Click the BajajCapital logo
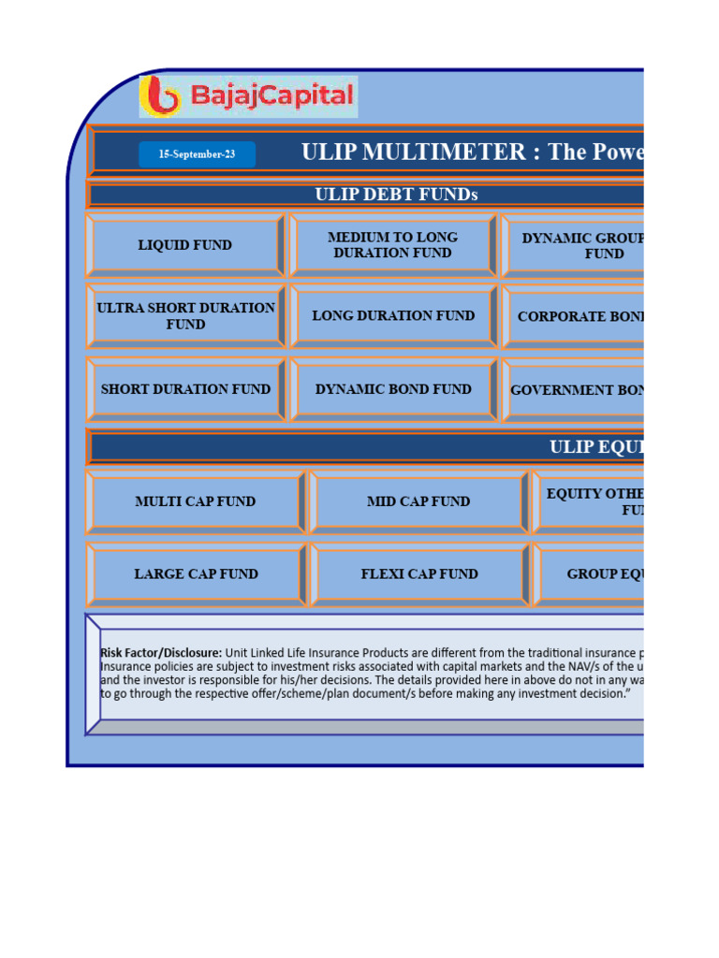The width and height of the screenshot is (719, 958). [248, 96]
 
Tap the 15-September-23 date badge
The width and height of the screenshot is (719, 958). [197, 154]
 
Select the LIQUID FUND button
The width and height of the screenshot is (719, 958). [185, 245]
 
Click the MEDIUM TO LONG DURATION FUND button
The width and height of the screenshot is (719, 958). [392, 245]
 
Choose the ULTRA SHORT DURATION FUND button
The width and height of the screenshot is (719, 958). [185, 316]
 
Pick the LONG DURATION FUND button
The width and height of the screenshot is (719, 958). [393, 316]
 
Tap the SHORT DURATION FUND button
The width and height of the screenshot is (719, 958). [185, 389]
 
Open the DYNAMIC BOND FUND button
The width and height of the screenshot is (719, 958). [393, 389]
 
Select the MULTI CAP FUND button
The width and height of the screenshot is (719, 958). [195, 501]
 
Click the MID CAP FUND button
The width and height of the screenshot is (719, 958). [418, 501]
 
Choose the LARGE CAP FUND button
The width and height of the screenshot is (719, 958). [196, 574]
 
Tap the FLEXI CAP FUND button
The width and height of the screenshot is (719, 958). [419, 574]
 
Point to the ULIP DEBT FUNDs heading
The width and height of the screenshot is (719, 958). [396, 195]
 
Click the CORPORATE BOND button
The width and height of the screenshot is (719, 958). [579, 316]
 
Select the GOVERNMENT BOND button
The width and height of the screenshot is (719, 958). [577, 390]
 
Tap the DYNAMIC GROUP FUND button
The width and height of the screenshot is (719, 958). [580, 245]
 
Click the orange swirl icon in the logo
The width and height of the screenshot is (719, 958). [162, 96]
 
